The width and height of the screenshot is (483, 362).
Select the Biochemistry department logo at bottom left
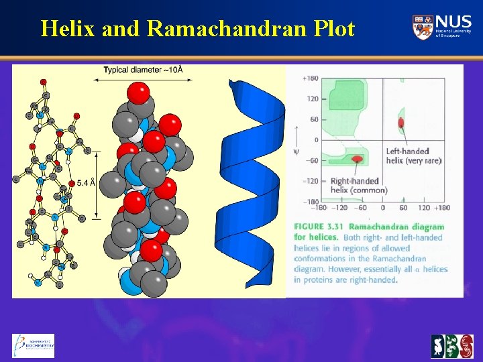(33, 345)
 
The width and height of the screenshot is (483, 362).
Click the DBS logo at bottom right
(451, 346)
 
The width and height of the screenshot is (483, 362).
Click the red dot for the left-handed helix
(401, 123)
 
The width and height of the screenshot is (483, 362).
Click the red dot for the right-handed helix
(358, 159)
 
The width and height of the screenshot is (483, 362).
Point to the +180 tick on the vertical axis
(310, 78)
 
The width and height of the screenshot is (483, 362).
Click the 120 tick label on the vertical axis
(312, 99)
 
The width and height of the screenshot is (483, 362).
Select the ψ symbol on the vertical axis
(296, 152)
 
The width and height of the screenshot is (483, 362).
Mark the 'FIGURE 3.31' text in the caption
(317, 227)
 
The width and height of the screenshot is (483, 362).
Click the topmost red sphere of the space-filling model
(138, 92)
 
